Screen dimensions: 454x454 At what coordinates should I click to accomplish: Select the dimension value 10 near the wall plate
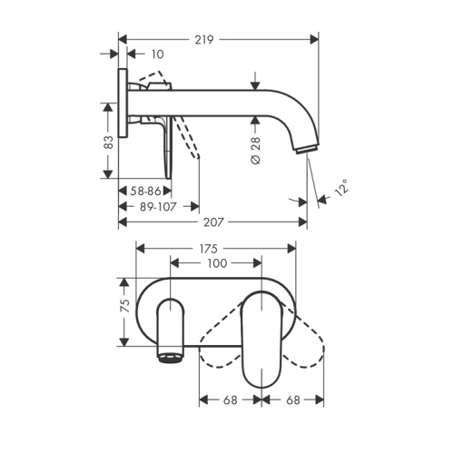[x=156, y=54]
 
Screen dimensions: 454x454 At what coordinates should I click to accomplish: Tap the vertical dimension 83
[x=107, y=143]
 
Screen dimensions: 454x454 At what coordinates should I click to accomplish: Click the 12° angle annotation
[x=340, y=188]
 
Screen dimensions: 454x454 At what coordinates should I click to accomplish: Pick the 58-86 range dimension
[x=143, y=192]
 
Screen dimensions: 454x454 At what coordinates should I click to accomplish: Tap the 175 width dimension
[x=216, y=247]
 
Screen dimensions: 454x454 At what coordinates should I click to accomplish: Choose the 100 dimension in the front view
[x=216, y=263]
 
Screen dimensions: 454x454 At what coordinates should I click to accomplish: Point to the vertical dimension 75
[x=125, y=308]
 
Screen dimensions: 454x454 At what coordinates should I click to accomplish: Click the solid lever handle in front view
[x=268, y=336]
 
